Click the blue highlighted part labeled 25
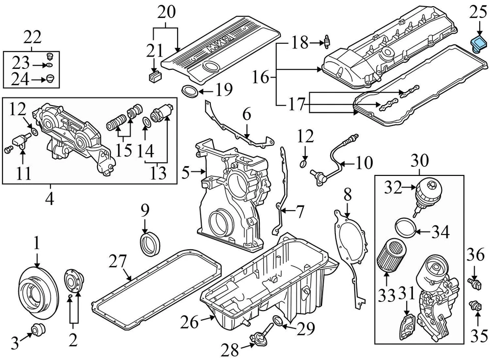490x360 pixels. click(x=479, y=43)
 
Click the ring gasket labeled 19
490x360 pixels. click(x=190, y=91)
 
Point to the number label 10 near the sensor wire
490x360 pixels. click(x=364, y=163)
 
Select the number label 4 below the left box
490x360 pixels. click(x=50, y=198)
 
